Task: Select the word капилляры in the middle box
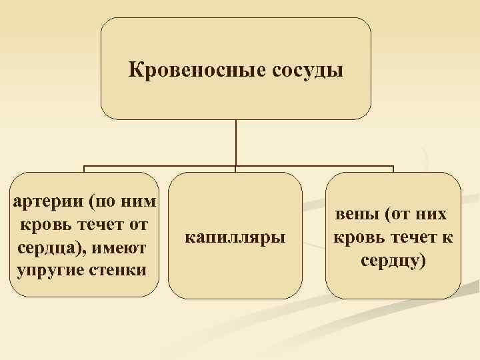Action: (235, 236)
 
